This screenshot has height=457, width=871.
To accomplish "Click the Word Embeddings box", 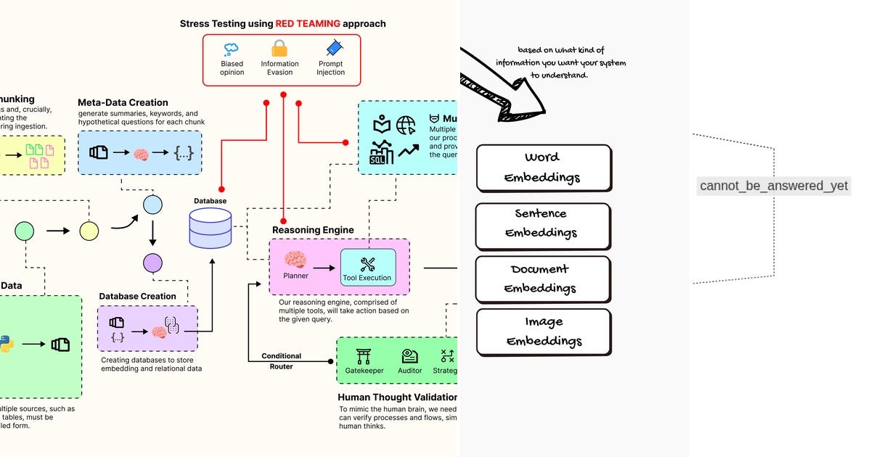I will pyautogui.click(x=542, y=168).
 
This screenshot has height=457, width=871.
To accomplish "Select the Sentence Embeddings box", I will pyautogui.click(x=542, y=224).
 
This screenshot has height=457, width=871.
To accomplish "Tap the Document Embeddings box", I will pyautogui.click(x=542, y=279).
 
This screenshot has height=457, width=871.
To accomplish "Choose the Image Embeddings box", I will pyautogui.click(x=542, y=332).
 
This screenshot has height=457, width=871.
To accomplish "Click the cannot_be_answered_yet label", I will pyautogui.click(x=774, y=186).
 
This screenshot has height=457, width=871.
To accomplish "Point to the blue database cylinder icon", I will pyautogui.click(x=210, y=228).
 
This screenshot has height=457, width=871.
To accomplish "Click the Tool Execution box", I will pyautogui.click(x=368, y=267).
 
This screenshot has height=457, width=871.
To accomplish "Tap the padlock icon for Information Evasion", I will pyautogui.click(x=279, y=49).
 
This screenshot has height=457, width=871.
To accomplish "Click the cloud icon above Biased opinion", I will pyautogui.click(x=232, y=49).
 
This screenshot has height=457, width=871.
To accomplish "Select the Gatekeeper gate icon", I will pyautogui.click(x=364, y=356).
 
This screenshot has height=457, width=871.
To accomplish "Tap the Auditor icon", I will pyautogui.click(x=410, y=356).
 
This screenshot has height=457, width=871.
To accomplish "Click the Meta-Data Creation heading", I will pyautogui.click(x=123, y=102).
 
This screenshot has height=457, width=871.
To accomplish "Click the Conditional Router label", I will pyautogui.click(x=282, y=361).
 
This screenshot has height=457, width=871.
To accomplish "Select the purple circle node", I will pyautogui.click(x=152, y=263).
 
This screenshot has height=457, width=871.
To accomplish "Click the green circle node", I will pyautogui.click(x=24, y=231).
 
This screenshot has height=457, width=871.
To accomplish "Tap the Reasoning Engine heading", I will pyautogui.click(x=313, y=230).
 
